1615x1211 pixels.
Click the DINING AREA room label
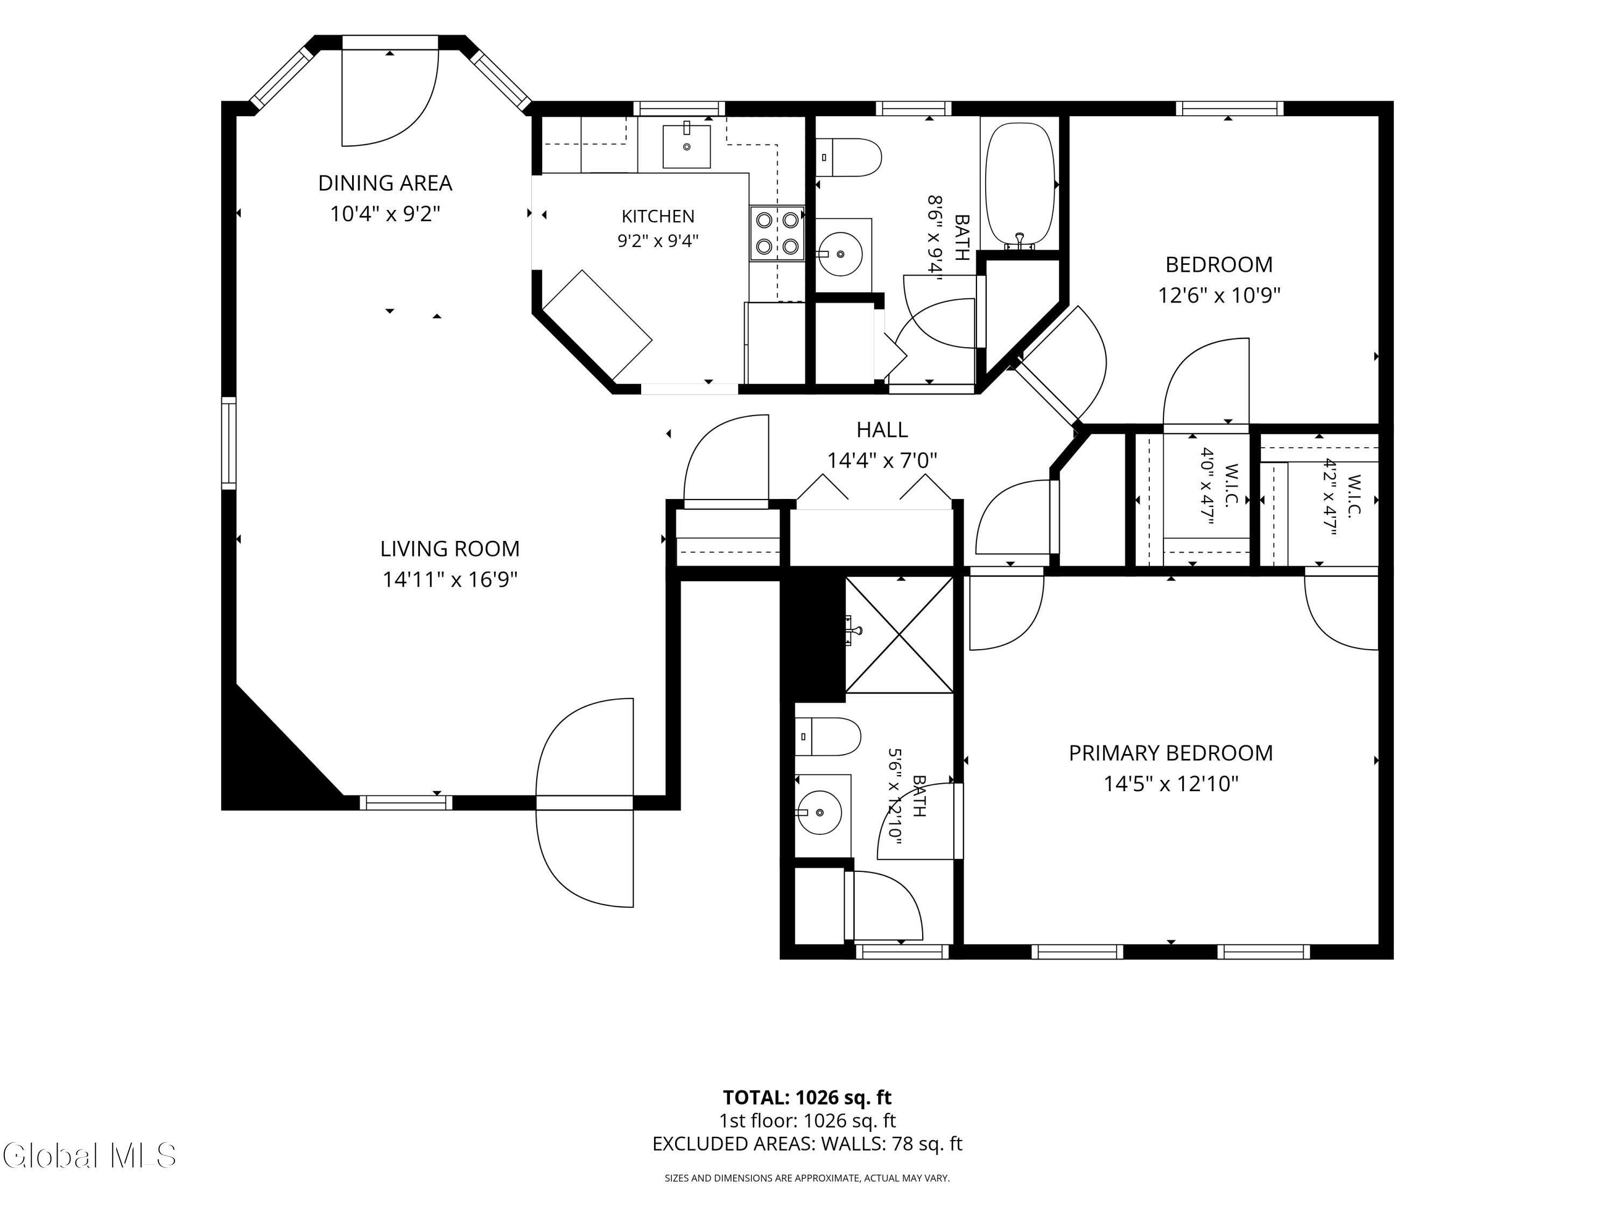pos(385,182)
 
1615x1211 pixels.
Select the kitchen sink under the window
pos(686,146)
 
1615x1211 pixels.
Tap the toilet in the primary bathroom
pos(828,736)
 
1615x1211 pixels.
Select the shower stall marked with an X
pos(900,635)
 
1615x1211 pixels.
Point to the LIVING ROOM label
pos(450,548)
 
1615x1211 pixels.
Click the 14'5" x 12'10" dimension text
pos(1171,783)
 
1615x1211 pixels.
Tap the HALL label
pos(882,429)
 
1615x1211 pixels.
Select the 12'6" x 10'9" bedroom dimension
pos(1219,295)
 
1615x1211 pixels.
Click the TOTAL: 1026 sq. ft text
pos(807,1097)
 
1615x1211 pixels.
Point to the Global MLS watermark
pos(89,1156)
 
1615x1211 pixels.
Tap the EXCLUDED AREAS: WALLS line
pos(807,1144)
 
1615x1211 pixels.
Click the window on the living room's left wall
pos(229,443)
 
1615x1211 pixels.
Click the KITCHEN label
pos(658,216)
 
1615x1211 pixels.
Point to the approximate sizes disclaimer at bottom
pos(807,1178)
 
